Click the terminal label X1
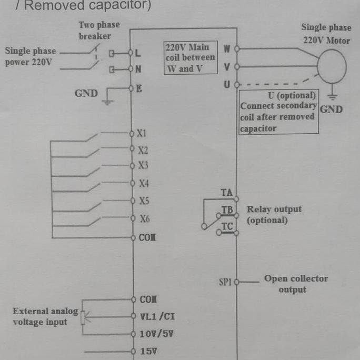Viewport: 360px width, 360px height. pyautogui.click(x=141, y=134)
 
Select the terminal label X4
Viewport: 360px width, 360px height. pyautogui.click(x=144, y=184)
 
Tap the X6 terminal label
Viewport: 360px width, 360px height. pyautogui.click(x=144, y=219)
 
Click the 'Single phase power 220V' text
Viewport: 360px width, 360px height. pyautogui.click(x=31, y=57)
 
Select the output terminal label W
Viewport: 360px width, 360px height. pyautogui.click(x=227, y=49)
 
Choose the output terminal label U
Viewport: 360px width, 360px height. pyautogui.click(x=227, y=84)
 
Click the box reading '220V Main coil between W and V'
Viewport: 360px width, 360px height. pyautogui.click(x=190, y=58)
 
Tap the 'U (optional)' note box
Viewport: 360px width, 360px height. pyautogui.click(x=278, y=112)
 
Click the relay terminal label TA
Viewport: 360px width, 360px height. pyautogui.click(x=226, y=193)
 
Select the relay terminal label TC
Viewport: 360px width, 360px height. pyautogui.click(x=227, y=227)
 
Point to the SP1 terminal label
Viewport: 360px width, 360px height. pyautogui.click(x=225, y=282)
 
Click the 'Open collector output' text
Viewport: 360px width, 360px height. pyautogui.click(x=295, y=284)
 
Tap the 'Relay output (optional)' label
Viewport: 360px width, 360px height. pyautogui.click(x=274, y=214)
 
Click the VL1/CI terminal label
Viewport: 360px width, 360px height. pyautogui.click(x=157, y=316)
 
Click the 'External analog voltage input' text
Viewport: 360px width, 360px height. pyautogui.click(x=45, y=316)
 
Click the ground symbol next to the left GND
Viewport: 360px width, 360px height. pyautogui.click(x=107, y=100)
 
